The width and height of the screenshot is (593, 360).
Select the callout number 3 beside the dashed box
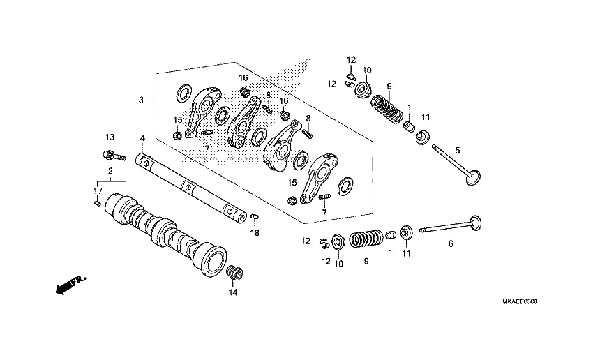(141, 100)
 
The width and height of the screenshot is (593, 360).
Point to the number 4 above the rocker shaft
(142, 138)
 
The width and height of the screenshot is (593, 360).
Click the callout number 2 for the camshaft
(110, 171)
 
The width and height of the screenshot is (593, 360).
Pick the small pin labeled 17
(98, 203)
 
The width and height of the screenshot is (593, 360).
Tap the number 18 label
(255, 232)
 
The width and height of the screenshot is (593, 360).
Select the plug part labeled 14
(233, 273)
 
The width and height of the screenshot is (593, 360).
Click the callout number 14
(233, 292)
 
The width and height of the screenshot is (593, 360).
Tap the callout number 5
(458, 150)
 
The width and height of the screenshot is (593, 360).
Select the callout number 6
(451, 243)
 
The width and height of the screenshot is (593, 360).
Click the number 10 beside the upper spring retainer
(367, 70)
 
